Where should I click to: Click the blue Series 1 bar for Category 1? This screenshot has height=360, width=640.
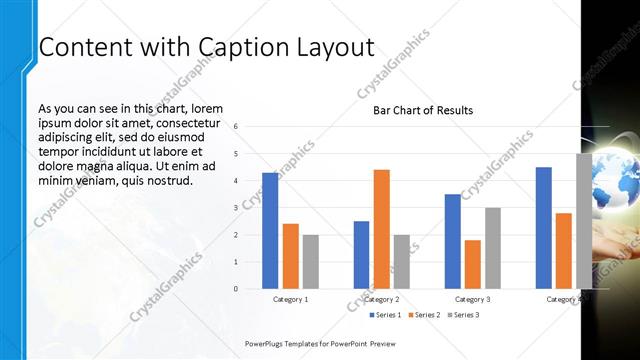[270, 230]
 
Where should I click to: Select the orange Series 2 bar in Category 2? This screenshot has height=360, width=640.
[382, 229]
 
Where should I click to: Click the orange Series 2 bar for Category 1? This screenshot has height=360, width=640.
[291, 256]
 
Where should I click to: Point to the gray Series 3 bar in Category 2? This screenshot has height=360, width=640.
[402, 262]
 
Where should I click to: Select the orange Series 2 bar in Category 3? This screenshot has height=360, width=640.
[473, 264]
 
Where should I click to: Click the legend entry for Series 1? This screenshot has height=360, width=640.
[385, 315]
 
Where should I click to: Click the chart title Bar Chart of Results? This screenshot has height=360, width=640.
[423, 110]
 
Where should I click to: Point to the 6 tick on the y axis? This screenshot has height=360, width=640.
[236, 127]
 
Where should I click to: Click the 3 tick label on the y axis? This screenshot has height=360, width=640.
[236, 208]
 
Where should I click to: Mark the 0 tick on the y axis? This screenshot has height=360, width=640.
[236, 289]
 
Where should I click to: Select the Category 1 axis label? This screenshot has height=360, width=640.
[291, 299]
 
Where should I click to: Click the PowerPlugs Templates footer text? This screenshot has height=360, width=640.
[320, 343]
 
